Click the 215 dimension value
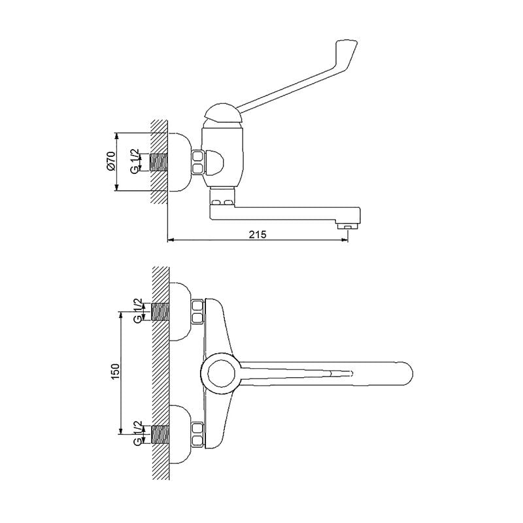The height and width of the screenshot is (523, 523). pos(258,235)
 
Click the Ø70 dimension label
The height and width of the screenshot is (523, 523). pos(111,161)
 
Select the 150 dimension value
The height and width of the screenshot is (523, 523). pos(115,371)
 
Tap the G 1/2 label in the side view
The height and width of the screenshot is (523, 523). pos(135,161)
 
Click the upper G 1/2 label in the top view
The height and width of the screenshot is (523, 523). pos(138,310)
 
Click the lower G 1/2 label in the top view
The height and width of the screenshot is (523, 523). pos(138,433)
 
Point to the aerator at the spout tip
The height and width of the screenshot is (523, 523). pos(347,226)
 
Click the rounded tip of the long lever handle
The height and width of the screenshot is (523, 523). pos(347,46)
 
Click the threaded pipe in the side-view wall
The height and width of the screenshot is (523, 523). pos(160,162)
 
